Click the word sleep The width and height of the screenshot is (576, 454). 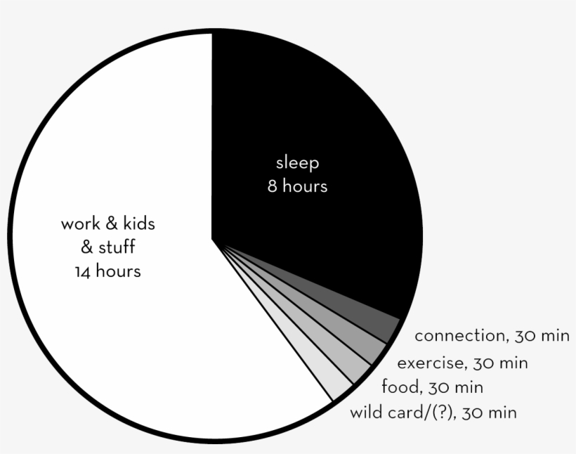point(297,163)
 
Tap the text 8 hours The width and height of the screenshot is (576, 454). point(297,187)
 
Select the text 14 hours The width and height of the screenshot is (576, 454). point(107,271)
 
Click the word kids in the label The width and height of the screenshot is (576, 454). point(138,224)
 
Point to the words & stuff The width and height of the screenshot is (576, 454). point(107,247)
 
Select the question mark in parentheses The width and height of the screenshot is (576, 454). point(439,413)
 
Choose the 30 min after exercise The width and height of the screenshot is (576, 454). point(499,363)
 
